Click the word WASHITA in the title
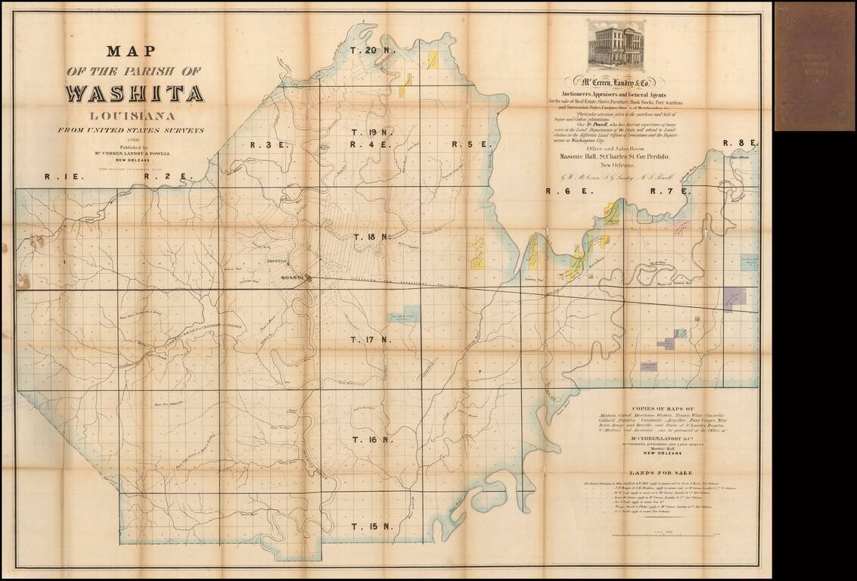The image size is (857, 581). click(x=135, y=94)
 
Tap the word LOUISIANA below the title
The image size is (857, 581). click(x=135, y=116)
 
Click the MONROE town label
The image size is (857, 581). click(x=291, y=278)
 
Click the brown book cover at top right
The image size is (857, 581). click(x=815, y=66)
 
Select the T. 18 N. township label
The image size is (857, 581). click(x=373, y=237)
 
